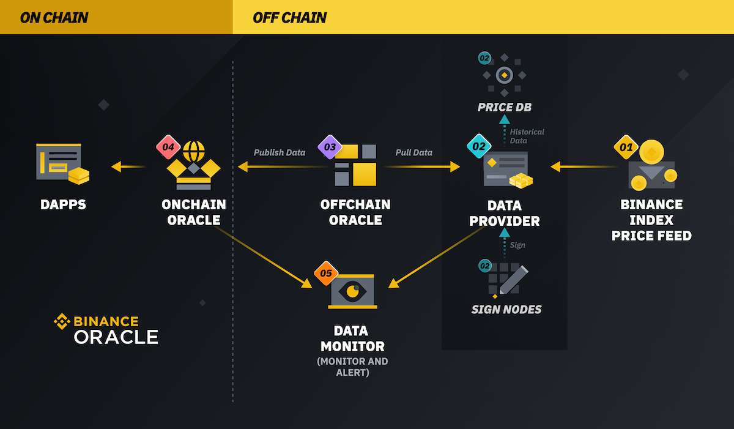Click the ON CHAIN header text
point(54,17)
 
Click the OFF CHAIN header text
point(289,17)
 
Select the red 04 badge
point(168,147)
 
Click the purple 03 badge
point(329,147)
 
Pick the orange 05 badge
point(325,274)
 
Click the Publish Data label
point(280,152)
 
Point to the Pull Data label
point(413,152)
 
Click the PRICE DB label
point(505,107)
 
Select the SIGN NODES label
point(506,310)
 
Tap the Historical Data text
point(526,136)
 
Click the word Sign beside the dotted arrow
point(517,245)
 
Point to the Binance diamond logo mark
point(62,321)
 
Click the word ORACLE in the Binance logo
point(116,337)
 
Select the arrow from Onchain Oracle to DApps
point(128,166)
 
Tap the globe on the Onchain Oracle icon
point(194,151)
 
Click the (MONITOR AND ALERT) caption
point(352,367)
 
